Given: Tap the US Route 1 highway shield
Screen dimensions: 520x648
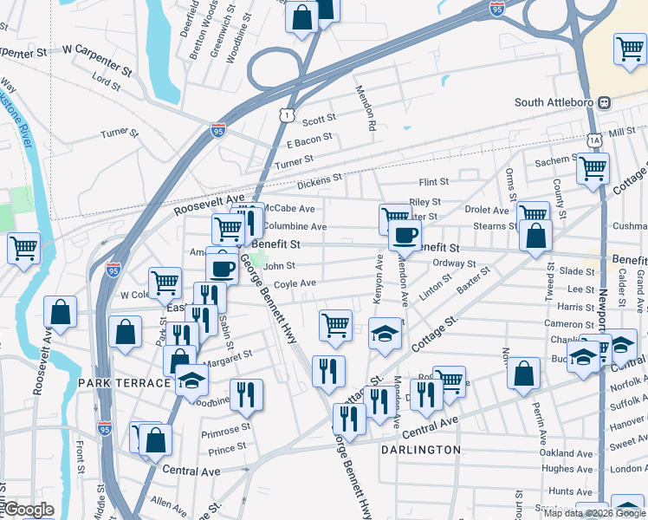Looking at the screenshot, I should click(288, 115).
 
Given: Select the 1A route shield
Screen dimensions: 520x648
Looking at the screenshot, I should click(593, 139).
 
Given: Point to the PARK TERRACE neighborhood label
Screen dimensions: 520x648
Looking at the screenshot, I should click(124, 383).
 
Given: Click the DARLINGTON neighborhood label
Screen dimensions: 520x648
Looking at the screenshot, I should click(421, 450).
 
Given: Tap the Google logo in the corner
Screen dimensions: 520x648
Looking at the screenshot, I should click(28, 510).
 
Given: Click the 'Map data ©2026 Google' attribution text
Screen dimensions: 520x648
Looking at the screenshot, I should click(594, 513).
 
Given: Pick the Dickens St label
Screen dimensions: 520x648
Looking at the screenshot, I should click(320, 184).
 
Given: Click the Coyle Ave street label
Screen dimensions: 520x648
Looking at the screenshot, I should click(295, 283).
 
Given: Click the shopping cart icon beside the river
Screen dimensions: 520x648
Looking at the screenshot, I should click(23, 248).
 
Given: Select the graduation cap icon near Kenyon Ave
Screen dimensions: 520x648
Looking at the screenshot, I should click(385, 333).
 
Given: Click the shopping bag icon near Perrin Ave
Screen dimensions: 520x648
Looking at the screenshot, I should click(525, 373).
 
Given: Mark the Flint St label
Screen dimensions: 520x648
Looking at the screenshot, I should click(433, 183).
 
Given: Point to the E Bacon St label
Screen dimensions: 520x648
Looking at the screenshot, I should click(309, 139).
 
